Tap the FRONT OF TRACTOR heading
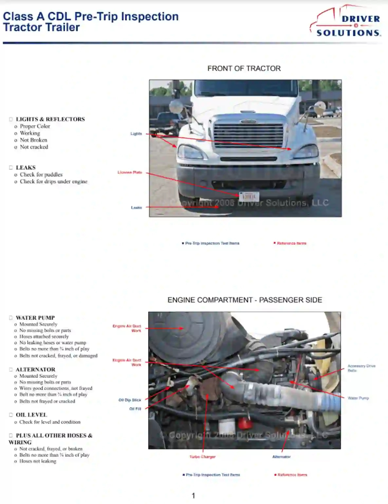coord(244,68)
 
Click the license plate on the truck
coord(249,196)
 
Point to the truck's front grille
coord(248,135)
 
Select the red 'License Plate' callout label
coord(130,172)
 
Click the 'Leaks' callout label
coord(136,207)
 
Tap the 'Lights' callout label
coord(136,133)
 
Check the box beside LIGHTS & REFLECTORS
coord(11,119)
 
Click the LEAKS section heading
coord(26,167)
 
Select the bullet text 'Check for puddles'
coord(41,175)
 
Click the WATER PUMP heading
coord(35,318)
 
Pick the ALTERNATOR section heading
coord(35,370)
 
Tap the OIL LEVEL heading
coord(31,415)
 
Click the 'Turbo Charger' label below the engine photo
coord(202,457)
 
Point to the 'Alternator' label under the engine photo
coord(281,457)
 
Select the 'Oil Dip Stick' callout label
coord(130,400)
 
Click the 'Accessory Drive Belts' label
coord(361,368)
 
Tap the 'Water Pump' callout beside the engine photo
coord(358,398)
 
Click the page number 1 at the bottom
coord(193,495)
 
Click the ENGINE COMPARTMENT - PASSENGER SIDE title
coord(245,300)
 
